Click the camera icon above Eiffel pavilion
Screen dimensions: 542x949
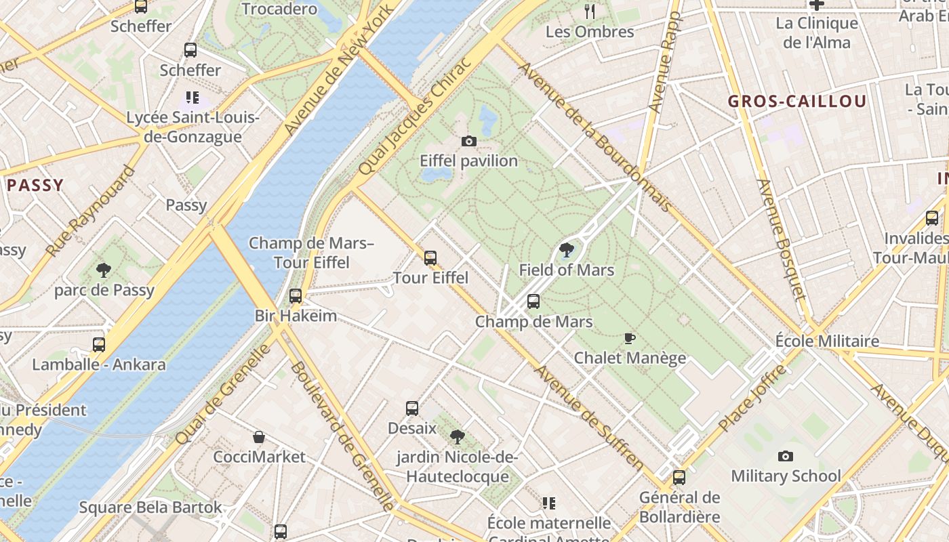click(x=468, y=141)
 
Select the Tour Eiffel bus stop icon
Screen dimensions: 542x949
click(x=430, y=257)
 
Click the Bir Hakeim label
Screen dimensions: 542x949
click(x=296, y=316)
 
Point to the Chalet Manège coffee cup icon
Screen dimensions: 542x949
click(x=630, y=338)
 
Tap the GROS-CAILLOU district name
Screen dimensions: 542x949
click(x=797, y=102)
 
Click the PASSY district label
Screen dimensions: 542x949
click(x=35, y=185)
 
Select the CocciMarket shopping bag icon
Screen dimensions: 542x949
click(x=259, y=437)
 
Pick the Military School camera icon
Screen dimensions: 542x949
click(x=786, y=456)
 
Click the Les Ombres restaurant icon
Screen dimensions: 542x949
click(x=590, y=12)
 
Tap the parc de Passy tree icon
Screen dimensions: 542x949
click(x=104, y=270)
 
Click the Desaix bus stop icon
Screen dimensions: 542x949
click(x=412, y=409)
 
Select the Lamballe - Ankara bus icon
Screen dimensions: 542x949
click(x=99, y=344)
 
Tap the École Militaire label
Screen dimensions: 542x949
click(x=827, y=341)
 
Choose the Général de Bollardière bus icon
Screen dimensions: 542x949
click(x=679, y=478)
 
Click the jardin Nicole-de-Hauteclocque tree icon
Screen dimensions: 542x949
click(x=458, y=437)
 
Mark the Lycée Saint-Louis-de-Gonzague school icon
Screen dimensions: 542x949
click(x=193, y=98)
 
